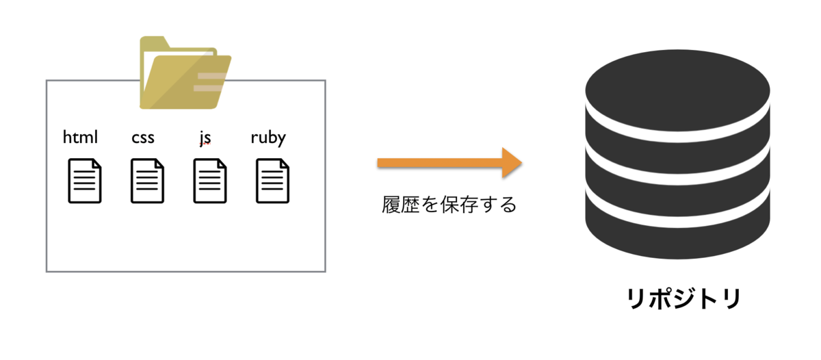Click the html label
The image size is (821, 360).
[80, 137]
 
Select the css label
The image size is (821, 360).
[143, 138]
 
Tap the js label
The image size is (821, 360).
[205, 138]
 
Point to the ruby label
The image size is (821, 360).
[268, 138]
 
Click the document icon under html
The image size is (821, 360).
[85, 181]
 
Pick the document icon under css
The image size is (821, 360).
[147, 181]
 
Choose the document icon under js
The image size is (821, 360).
[210, 181]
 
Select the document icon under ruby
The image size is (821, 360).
[273, 181]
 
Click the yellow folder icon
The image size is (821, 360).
[185, 73]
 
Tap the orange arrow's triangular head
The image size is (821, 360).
[511, 163]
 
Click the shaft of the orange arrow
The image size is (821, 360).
[440, 163]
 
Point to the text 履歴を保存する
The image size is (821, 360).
[449, 205]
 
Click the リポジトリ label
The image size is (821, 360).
[684, 299]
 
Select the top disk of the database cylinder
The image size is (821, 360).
[677, 90]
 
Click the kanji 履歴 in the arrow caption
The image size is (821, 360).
[401, 205]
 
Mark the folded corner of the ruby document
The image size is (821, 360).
[285, 164]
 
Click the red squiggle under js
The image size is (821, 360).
[205, 144]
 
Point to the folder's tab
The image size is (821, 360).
[155, 42]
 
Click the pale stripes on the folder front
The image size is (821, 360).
[209, 82]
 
